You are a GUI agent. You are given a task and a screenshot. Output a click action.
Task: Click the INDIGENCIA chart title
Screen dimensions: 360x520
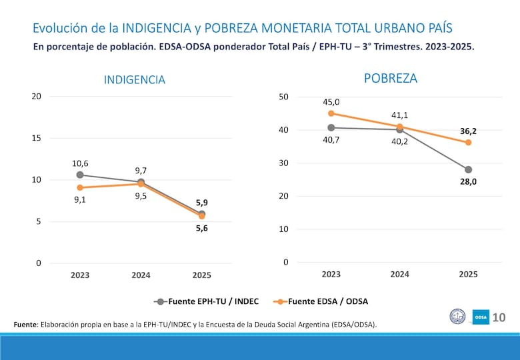pyautogui.click(x=134, y=80)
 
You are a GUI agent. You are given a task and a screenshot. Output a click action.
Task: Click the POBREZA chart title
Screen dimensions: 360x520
pyautogui.click(x=391, y=79)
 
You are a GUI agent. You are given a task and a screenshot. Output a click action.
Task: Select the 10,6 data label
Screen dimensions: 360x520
pyautogui.click(x=81, y=163)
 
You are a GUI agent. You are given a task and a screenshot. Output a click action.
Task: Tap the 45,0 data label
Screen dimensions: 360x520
pyautogui.click(x=331, y=102)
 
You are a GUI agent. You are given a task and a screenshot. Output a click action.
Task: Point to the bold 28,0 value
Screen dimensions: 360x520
pyautogui.click(x=468, y=181)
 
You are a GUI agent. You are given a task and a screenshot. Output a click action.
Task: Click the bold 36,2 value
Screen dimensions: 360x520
pyautogui.click(x=468, y=131)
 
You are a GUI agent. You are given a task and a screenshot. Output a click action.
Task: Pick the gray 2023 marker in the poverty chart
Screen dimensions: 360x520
pyautogui.click(x=331, y=127)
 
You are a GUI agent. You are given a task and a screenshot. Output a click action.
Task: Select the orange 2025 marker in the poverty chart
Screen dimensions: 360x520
pyautogui.click(x=468, y=143)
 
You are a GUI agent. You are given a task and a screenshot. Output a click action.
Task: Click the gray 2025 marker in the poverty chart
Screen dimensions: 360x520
pyautogui.click(x=468, y=169)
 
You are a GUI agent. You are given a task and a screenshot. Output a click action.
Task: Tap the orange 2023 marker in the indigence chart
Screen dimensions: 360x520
pyautogui.click(x=80, y=187)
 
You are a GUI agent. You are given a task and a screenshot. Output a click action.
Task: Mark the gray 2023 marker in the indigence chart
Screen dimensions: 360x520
pyautogui.click(x=80, y=175)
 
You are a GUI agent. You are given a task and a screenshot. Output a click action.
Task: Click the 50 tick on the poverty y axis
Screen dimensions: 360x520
pyautogui.click(x=283, y=97)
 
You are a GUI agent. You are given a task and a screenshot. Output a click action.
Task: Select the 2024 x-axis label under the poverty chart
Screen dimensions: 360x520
pyautogui.click(x=399, y=274)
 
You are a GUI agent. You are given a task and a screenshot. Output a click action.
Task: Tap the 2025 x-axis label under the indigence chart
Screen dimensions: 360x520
pyautogui.click(x=201, y=275)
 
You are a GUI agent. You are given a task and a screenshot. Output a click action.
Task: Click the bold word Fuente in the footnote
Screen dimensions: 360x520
pyautogui.click(x=25, y=325)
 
